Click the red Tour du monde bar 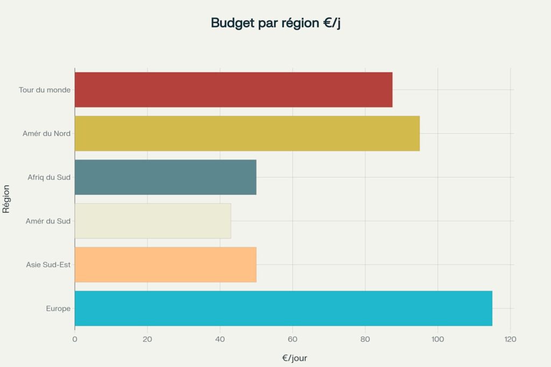pyautogui.click(x=233, y=90)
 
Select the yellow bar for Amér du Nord pyautogui.click(x=247, y=133)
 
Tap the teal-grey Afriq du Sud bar pyautogui.click(x=165, y=177)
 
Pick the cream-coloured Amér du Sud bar pyautogui.click(x=153, y=221)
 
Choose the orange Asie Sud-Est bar pyautogui.click(x=165, y=264)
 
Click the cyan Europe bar pyautogui.click(x=283, y=308)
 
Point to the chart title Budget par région pyautogui.click(x=275, y=23)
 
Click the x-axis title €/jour pyautogui.click(x=294, y=358)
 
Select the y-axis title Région pyautogui.click(x=6, y=199)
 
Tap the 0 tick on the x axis pyautogui.click(x=75, y=339)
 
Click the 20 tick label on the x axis pyautogui.click(x=147, y=339)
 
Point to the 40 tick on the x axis pyautogui.click(x=220, y=339)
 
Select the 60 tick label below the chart pyautogui.click(x=292, y=339)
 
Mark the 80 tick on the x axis pyautogui.click(x=365, y=339)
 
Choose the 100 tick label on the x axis pyautogui.click(x=437, y=339)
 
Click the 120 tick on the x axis pyautogui.click(x=510, y=339)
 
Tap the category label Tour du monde pyautogui.click(x=45, y=90)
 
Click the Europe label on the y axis pyautogui.click(x=58, y=308)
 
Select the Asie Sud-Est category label pyautogui.click(x=48, y=264)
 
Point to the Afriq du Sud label pyautogui.click(x=49, y=177)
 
